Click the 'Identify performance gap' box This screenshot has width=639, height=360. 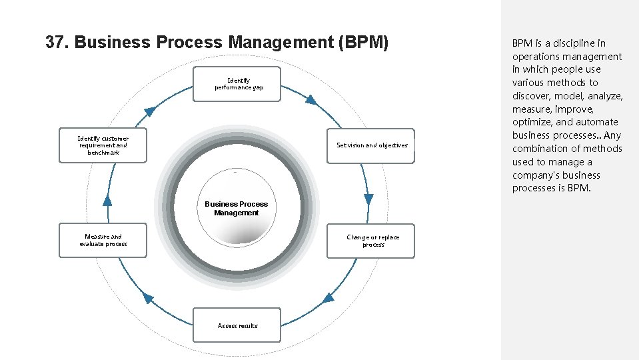pyautogui.click(x=237, y=84)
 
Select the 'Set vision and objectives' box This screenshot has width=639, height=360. pyautogui.click(x=370, y=145)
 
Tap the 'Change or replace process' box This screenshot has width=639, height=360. pyautogui.click(x=370, y=241)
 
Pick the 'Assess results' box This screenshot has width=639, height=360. pyautogui.click(x=237, y=325)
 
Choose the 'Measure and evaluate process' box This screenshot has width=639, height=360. pyautogui.click(x=103, y=241)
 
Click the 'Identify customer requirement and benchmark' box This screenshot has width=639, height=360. pyautogui.click(x=103, y=145)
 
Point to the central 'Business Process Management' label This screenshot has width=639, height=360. pyautogui.click(x=236, y=208)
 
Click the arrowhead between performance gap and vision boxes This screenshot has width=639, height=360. pyautogui.click(x=311, y=100)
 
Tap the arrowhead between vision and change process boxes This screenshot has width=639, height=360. pyautogui.click(x=368, y=199)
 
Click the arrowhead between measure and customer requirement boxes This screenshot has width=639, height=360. pyautogui.click(x=107, y=199)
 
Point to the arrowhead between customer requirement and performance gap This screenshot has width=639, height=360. pyautogui.click(x=151, y=111)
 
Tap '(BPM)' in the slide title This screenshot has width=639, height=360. pyautogui.click(x=363, y=43)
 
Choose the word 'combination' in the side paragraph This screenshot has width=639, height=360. pyautogui.click(x=540, y=149)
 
